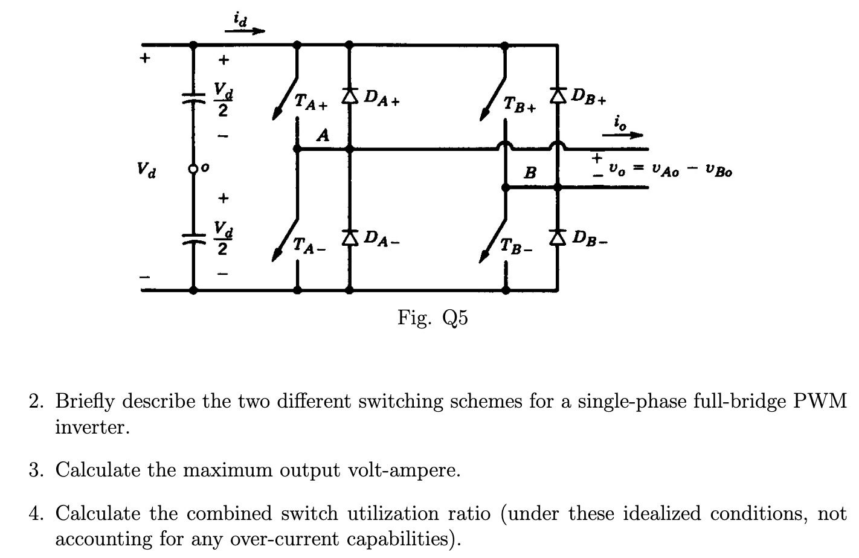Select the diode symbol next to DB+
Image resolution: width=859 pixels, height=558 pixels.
tap(558, 94)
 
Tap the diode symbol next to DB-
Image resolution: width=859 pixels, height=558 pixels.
tap(558, 237)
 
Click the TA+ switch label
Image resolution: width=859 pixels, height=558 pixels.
tap(310, 103)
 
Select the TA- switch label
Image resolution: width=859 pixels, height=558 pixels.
tap(309, 245)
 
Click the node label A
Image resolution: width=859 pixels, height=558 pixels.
tap(324, 135)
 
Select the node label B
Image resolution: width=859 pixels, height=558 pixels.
tap(530, 173)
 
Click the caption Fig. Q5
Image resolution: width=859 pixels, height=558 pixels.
tap(433, 317)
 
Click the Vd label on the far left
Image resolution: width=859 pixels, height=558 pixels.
tap(145, 169)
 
